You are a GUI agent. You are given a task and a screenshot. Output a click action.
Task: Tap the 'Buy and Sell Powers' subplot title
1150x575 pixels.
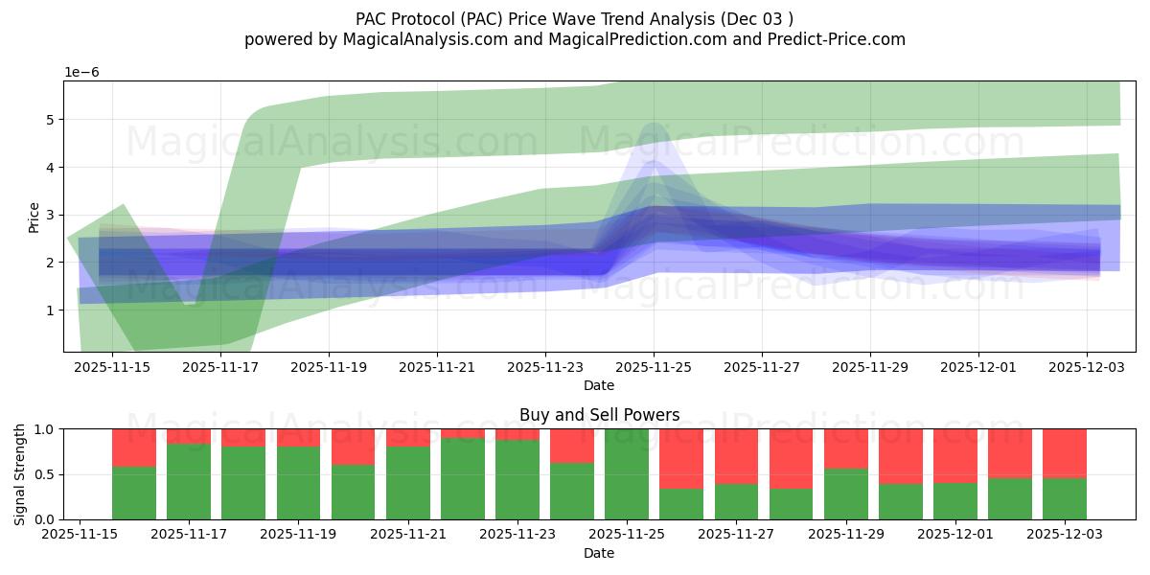click(599, 415)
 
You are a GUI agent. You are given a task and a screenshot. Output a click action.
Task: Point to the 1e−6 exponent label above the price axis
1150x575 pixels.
click(81, 73)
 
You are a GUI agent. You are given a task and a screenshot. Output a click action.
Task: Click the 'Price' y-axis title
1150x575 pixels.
click(34, 217)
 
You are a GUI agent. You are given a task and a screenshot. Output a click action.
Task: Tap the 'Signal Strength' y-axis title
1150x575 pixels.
click(19, 473)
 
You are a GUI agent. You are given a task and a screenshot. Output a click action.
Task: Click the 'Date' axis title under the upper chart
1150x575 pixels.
click(599, 385)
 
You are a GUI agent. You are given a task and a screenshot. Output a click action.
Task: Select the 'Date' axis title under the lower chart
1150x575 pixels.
click(599, 553)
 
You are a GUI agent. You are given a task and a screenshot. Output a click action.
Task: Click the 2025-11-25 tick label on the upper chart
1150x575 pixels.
click(654, 366)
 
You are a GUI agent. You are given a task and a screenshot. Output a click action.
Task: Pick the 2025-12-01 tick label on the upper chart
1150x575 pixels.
click(978, 366)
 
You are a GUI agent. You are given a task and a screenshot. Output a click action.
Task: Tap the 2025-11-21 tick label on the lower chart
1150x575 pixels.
click(407, 534)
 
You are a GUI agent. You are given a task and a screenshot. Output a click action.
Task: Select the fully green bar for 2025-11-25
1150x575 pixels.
click(627, 474)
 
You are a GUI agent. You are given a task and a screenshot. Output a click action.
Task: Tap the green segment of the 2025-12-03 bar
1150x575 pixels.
click(1065, 498)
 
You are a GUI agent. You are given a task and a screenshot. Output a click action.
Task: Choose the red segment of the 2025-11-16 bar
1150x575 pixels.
click(134, 448)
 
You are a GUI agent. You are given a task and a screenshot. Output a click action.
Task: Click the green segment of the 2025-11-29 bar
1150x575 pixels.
click(846, 494)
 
